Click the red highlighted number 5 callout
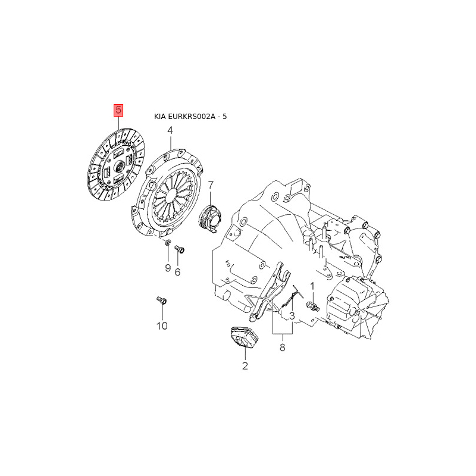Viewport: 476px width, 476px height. [118, 110]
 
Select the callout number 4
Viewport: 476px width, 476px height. [170, 130]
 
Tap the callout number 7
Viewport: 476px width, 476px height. [211, 185]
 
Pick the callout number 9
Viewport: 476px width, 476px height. [168, 268]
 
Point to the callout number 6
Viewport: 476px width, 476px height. [177, 272]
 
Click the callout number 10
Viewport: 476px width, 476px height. [162, 326]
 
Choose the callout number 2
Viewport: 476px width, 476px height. [245, 366]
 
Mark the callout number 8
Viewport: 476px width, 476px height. [282, 347]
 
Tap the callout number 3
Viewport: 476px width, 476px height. [292, 316]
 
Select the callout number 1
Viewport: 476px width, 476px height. [312, 286]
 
